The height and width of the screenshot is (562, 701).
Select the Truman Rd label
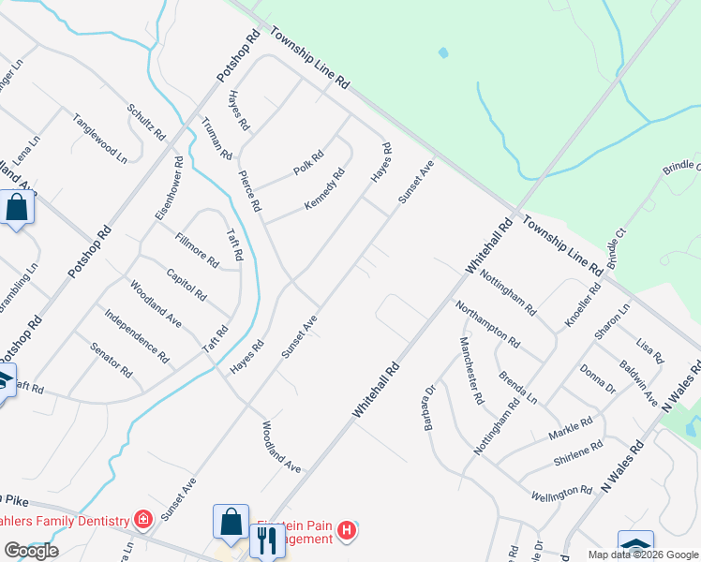216,138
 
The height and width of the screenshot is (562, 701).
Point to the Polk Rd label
307,163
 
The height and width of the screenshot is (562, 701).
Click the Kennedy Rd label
324,189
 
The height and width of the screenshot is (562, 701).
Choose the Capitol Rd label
186,285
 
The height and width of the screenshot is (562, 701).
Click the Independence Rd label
137,336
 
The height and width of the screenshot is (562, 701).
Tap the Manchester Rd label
470,371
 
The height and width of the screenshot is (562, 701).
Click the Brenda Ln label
517,386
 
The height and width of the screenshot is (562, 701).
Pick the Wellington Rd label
562,491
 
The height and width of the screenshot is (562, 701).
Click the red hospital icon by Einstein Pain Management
347,531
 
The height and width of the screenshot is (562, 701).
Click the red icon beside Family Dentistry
142,519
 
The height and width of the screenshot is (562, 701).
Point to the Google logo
31,551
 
